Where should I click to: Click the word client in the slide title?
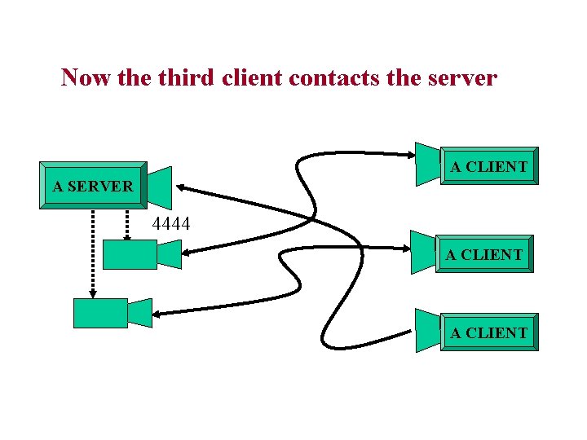click(263, 77)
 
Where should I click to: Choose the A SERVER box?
click(93, 186)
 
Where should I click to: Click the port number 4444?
click(171, 222)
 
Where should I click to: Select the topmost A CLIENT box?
click(489, 166)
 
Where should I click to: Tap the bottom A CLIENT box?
click(489, 332)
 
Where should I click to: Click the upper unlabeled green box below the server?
click(129, 254)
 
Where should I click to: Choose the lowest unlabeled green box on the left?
click(100, 313)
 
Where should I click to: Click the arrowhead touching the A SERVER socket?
click(181, 188)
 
